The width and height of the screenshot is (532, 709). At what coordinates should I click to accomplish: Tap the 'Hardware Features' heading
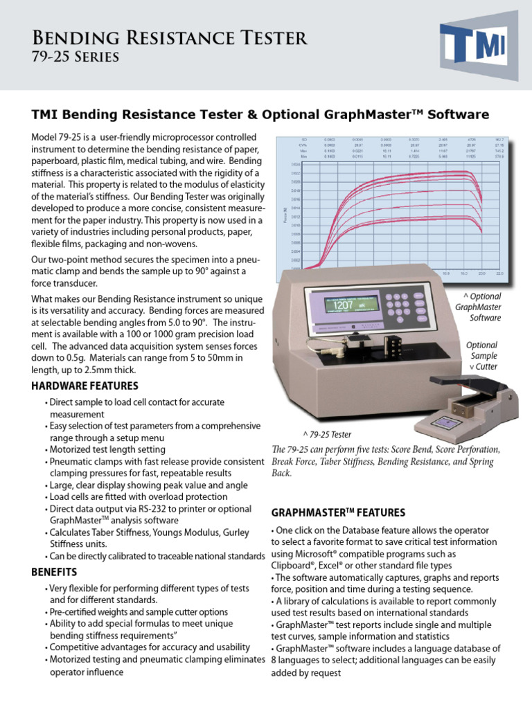click(85, 386)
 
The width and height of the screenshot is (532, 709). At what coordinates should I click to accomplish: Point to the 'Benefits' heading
click(54, 572)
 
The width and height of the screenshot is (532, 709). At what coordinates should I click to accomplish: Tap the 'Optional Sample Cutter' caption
click(481, 355)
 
